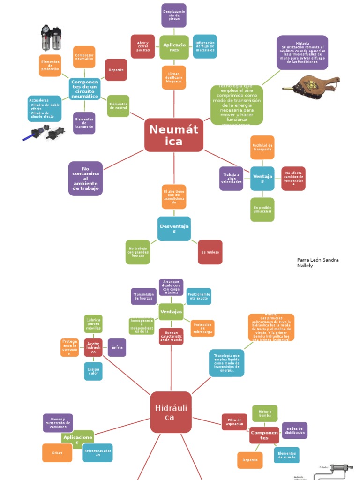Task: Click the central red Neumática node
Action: (173, 135)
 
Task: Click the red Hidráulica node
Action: (171, 412)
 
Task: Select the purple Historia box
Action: (302, 52)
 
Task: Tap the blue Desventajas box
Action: (174, 228)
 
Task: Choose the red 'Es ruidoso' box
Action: (210, 252)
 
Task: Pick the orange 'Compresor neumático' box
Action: (84, 57)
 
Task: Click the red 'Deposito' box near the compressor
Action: (116, 70)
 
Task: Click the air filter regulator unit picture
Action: (51, 37)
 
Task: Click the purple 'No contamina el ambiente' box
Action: (85, 178)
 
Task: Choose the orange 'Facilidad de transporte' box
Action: (262, 148)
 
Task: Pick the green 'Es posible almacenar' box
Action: (262, 210)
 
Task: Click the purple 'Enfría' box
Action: (117, 347)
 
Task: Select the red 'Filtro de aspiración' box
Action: (234, 422)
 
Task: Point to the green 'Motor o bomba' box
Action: (265, 413)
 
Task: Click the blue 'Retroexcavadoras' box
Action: (97, 453)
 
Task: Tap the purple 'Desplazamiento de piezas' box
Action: (174, 15)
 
